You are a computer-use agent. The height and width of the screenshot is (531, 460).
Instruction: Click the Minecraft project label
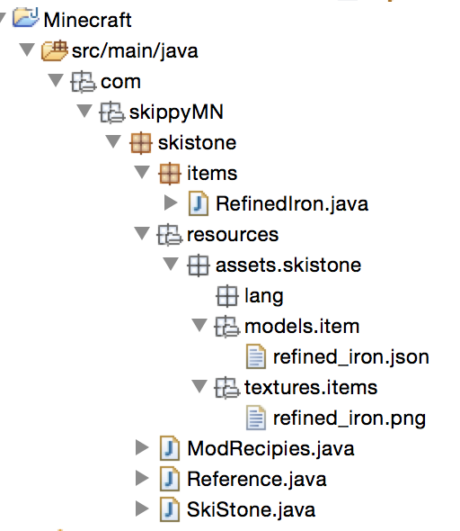click(87, 20)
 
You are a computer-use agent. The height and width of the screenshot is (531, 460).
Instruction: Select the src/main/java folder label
click(135, 51)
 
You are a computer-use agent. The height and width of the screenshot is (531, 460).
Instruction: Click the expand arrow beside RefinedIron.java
click(171, 203)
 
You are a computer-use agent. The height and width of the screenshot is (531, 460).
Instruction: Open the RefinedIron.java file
click(292, 204)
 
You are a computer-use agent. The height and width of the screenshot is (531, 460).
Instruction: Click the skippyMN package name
click(176, 112)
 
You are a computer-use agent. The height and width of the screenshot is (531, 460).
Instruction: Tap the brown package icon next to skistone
click(140, 143)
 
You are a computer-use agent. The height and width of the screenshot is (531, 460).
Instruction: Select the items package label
click(212, 174)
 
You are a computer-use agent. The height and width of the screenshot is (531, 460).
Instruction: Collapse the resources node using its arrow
click(142, 233)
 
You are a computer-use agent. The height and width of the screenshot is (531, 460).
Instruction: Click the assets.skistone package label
click(288, 265)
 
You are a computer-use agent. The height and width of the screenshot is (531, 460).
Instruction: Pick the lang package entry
click(263, 296)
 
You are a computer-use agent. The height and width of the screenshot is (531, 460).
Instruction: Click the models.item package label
click(302, 327)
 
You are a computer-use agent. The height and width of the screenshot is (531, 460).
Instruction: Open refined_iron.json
click(351, 357)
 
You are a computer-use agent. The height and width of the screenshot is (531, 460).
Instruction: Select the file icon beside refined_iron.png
click(256, 418)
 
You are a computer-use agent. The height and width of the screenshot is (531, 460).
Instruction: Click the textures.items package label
click(311, 387)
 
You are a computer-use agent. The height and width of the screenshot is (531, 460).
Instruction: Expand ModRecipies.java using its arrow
click(142, 447)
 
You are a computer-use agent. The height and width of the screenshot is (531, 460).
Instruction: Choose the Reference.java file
click(257, 479)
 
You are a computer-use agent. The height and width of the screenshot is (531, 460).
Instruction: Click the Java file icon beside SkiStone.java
click(170, 509)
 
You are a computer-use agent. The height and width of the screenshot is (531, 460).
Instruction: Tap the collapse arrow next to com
click(56, 80)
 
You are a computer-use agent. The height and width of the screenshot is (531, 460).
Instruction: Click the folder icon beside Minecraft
click(26, 18)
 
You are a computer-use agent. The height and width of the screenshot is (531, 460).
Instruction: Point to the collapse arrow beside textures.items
click(199, 386)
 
